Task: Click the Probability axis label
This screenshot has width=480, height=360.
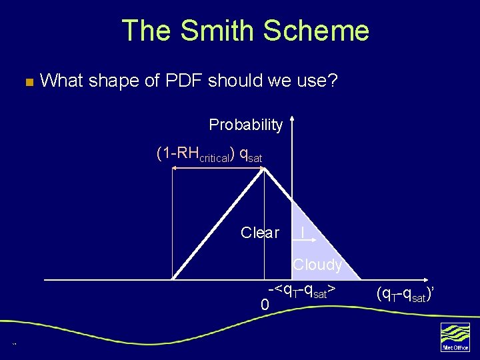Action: [x=246, y=125]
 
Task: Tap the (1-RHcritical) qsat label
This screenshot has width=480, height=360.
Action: [x=209, y=155]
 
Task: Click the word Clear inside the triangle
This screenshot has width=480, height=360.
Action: [x=260, y=233]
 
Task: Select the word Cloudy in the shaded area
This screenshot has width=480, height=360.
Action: [x=317, y=265]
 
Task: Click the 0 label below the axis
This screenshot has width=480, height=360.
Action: [x=265, y=305]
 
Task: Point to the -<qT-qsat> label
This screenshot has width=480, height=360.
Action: [x=301, y=291]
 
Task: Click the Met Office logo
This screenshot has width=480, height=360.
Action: [x=455, y=337]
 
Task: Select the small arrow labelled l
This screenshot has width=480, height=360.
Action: [x=303, y=233]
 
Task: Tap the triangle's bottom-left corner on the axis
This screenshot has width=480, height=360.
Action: [x=173, y=279]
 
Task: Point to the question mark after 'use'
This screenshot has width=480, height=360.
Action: [x=333, y=81]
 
